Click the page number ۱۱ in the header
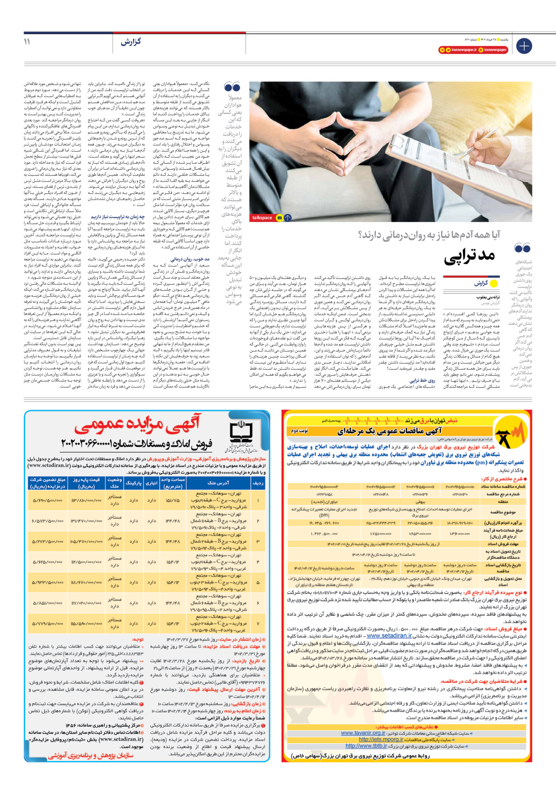27,41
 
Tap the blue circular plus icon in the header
524,46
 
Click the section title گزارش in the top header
131,42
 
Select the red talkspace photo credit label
262,218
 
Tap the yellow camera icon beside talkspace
279,218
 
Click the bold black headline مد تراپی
470,255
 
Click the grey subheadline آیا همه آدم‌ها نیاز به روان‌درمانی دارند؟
429,234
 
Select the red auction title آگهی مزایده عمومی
138,425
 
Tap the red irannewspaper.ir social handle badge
458,50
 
